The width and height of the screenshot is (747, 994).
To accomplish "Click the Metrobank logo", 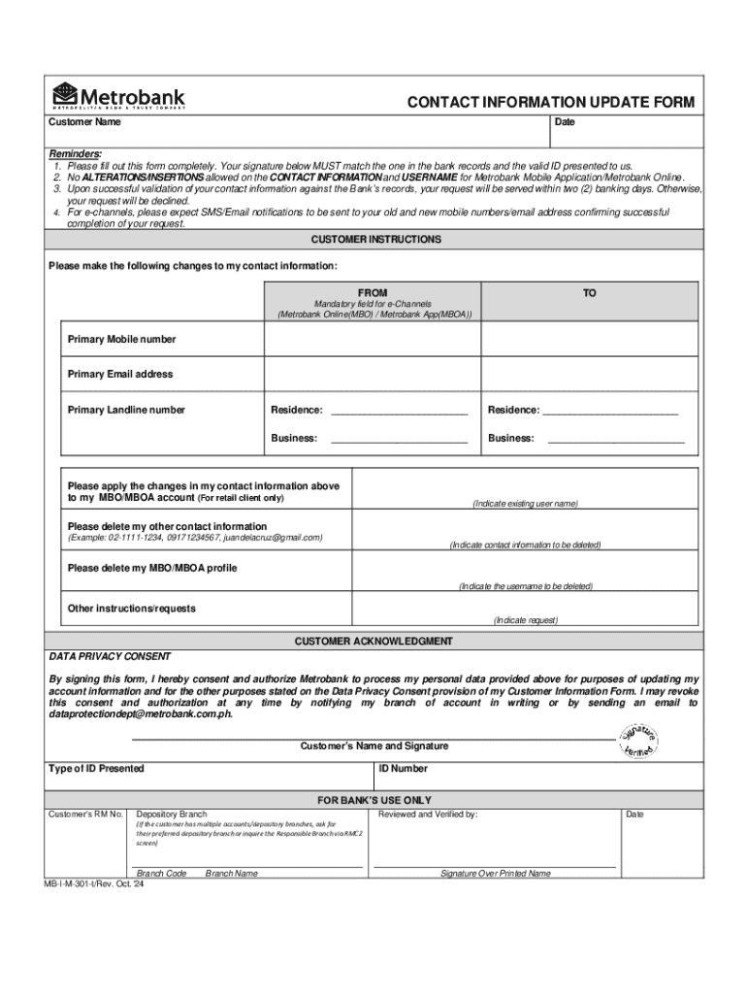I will pyautogui.click(x=117, y=97).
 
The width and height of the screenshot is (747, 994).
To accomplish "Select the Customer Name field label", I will pyautogui.click(x=85, y=123).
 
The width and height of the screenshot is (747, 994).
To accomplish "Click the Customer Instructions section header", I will pyautogui.click(x=375, y=240).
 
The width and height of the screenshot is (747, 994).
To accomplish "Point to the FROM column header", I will pyautogui.click(x=373, y=292).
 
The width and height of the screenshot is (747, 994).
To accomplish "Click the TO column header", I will pyautogui.click(x=590, y=292).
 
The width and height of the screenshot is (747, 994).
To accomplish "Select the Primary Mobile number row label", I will pyautogui.click(x=121, y=339).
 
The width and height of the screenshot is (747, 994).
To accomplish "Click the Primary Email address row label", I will pyautogui.click(x=120, y=374).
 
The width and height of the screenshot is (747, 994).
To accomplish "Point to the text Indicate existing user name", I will pyautogui.click(x=525, y=504).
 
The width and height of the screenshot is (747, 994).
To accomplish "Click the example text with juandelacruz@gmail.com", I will pyautogui.click(x=195, y=537).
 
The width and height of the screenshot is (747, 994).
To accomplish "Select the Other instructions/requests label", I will pyautogui.click(x=131, y=609).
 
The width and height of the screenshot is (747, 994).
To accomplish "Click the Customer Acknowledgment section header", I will pyautogui.click(x=373, y=642).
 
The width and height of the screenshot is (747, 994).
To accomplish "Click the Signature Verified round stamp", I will pyautogui.click(x=641, y=742).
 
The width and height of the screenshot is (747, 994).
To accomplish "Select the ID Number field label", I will pyautogui.click(x=403, y=769).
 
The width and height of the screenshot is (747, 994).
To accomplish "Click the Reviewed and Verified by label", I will pyautogui.click(x=428, y=814).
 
